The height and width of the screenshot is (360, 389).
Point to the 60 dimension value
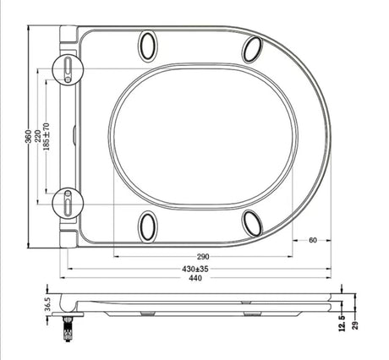coord(312,240)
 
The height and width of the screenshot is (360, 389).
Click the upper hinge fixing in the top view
coord(68,68)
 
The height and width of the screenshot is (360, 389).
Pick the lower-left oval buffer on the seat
coord(148,224)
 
